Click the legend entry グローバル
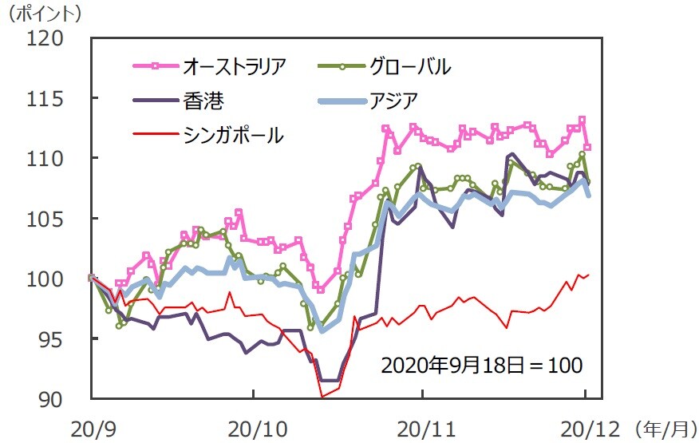click(409, 65)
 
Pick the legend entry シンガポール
click(233, 135)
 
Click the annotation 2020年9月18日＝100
click(482, 366)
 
